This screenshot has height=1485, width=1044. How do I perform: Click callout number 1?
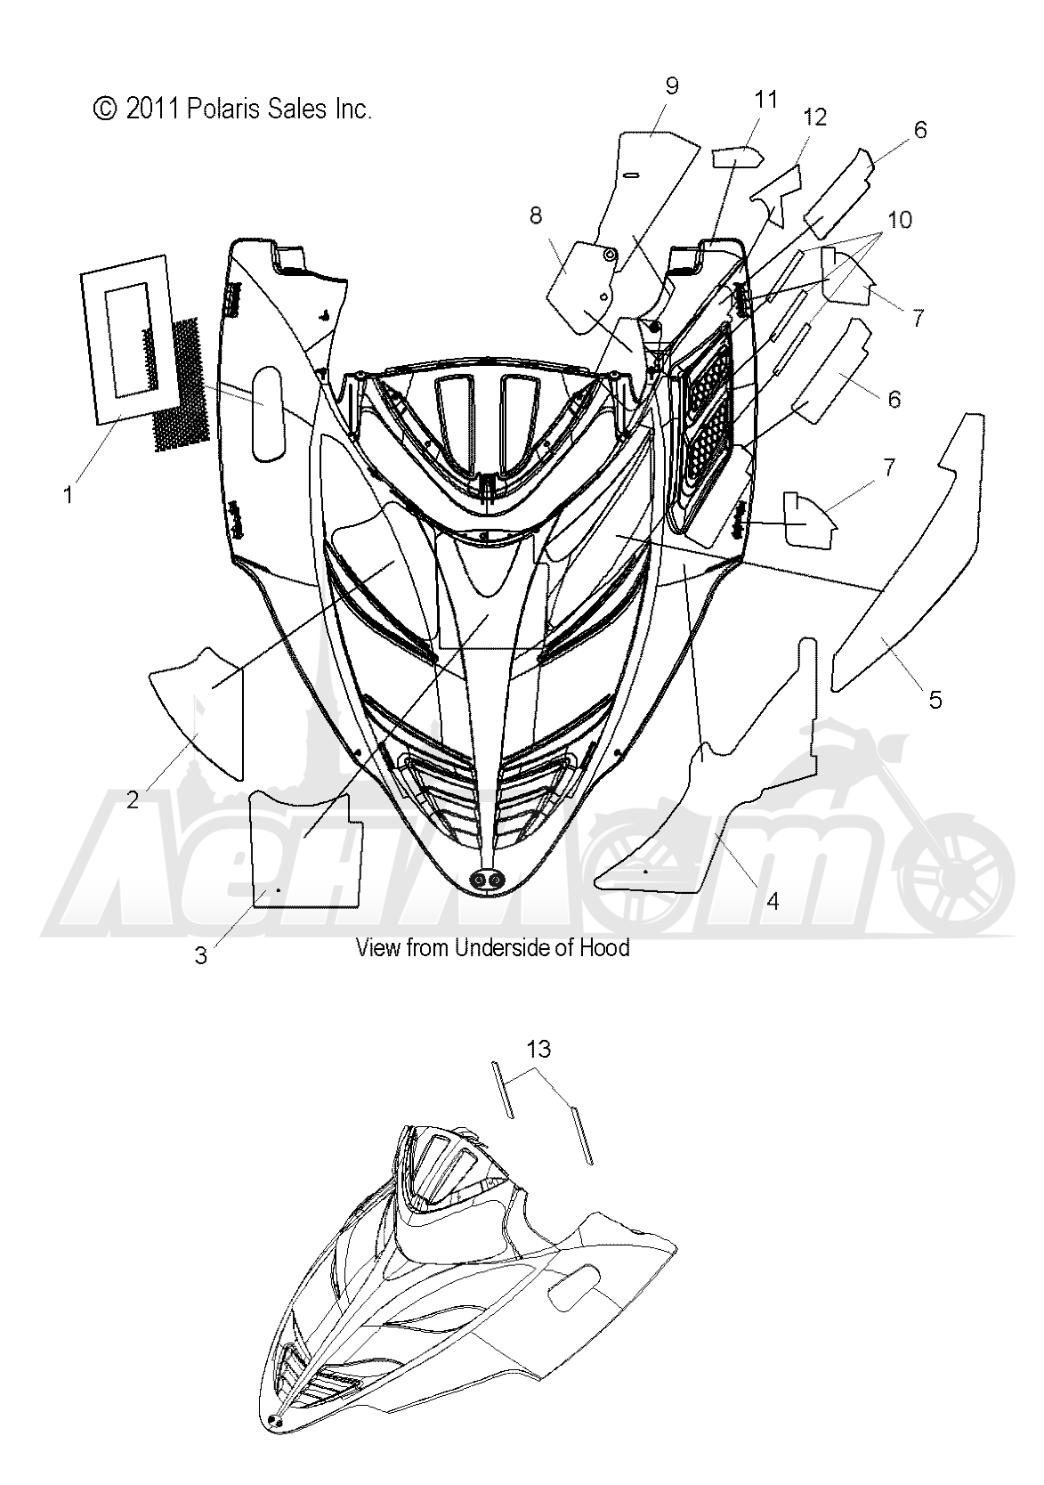pyautogui.click(x=69, y=495)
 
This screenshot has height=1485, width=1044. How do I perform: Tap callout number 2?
pyautogui.click(x=133, y=800)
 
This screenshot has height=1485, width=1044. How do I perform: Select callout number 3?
pyautogui.click(x=201, y=955)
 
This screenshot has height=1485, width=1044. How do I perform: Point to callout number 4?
pyautogui.click(x=773, y=901)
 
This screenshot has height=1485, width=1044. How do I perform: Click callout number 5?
pyautogui.click(x=935, y=700)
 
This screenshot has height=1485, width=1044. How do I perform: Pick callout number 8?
pyautogui.click(x=536, y=215)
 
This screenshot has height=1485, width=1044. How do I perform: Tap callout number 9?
pyautogui.click(x=671, y=86)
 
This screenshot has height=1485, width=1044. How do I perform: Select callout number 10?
pyautogui.click(x=900, y=219)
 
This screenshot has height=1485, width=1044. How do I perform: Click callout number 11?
pyautogui.click(x=765, y=100)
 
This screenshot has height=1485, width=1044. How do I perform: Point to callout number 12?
pyautogui.click(x=814, y=118)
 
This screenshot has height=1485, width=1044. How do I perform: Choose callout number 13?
pyautogui.click(x=538, y=1049)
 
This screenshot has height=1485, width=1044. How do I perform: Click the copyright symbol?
pyautogui.click(x=104, y=109)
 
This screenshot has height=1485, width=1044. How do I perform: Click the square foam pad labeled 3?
pyautogui.click(x=306, y=849)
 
